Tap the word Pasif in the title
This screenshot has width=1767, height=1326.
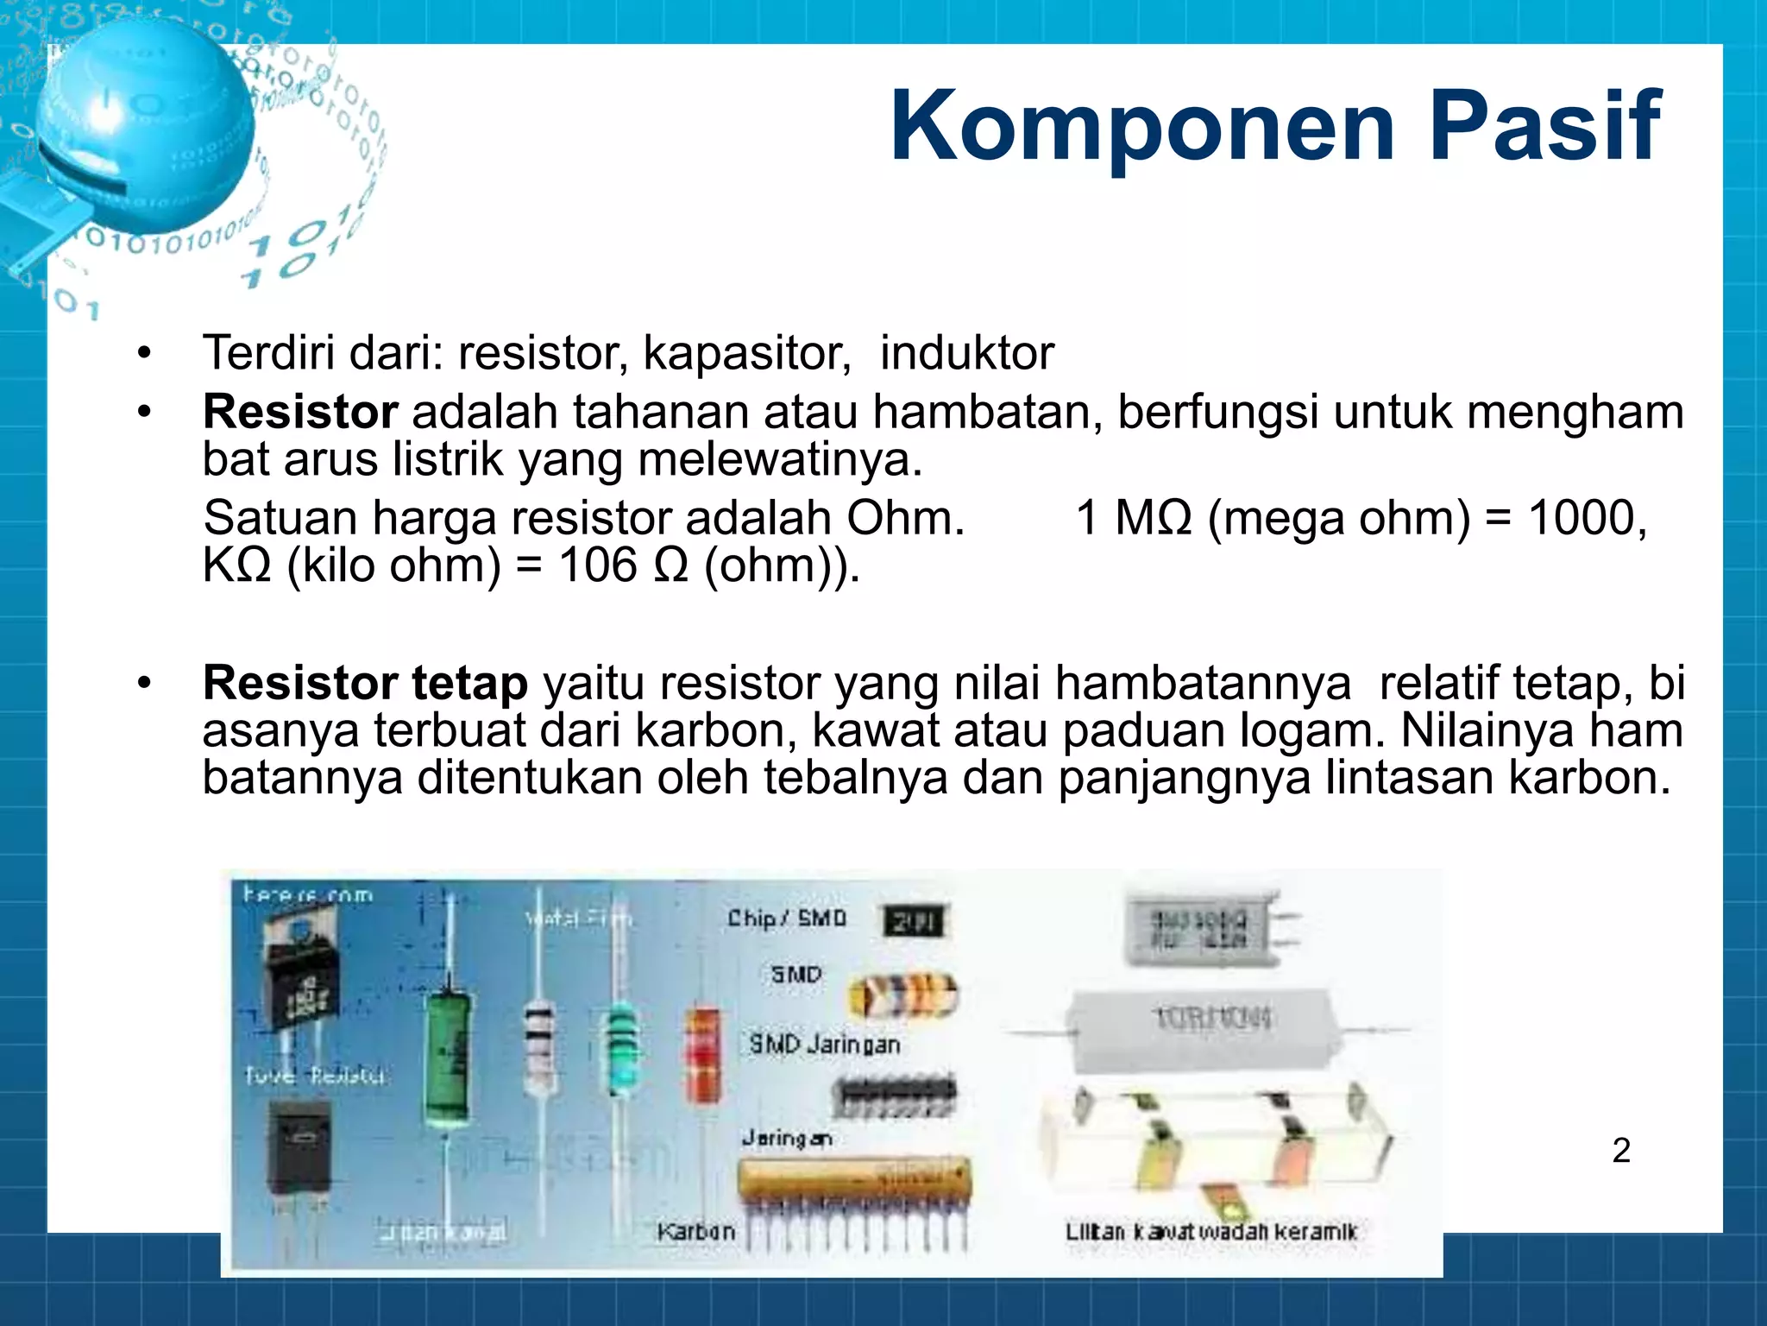click(x=1544, y=127)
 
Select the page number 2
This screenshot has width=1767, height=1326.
click(x=1621, y=1151)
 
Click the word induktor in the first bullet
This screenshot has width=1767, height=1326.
click(x=966, y=353)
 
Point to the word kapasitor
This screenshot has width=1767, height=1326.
click(x=747, y=353)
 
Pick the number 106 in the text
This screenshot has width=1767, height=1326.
click(x=597, y=565)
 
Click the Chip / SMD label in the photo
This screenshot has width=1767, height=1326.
click(x=786, y=919)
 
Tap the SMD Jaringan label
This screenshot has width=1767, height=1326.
click(x=824, y=1045)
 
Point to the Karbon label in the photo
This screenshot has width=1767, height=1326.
click(x=695, y=1231)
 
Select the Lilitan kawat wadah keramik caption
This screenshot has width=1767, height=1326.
click(x=1210, y=1232)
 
